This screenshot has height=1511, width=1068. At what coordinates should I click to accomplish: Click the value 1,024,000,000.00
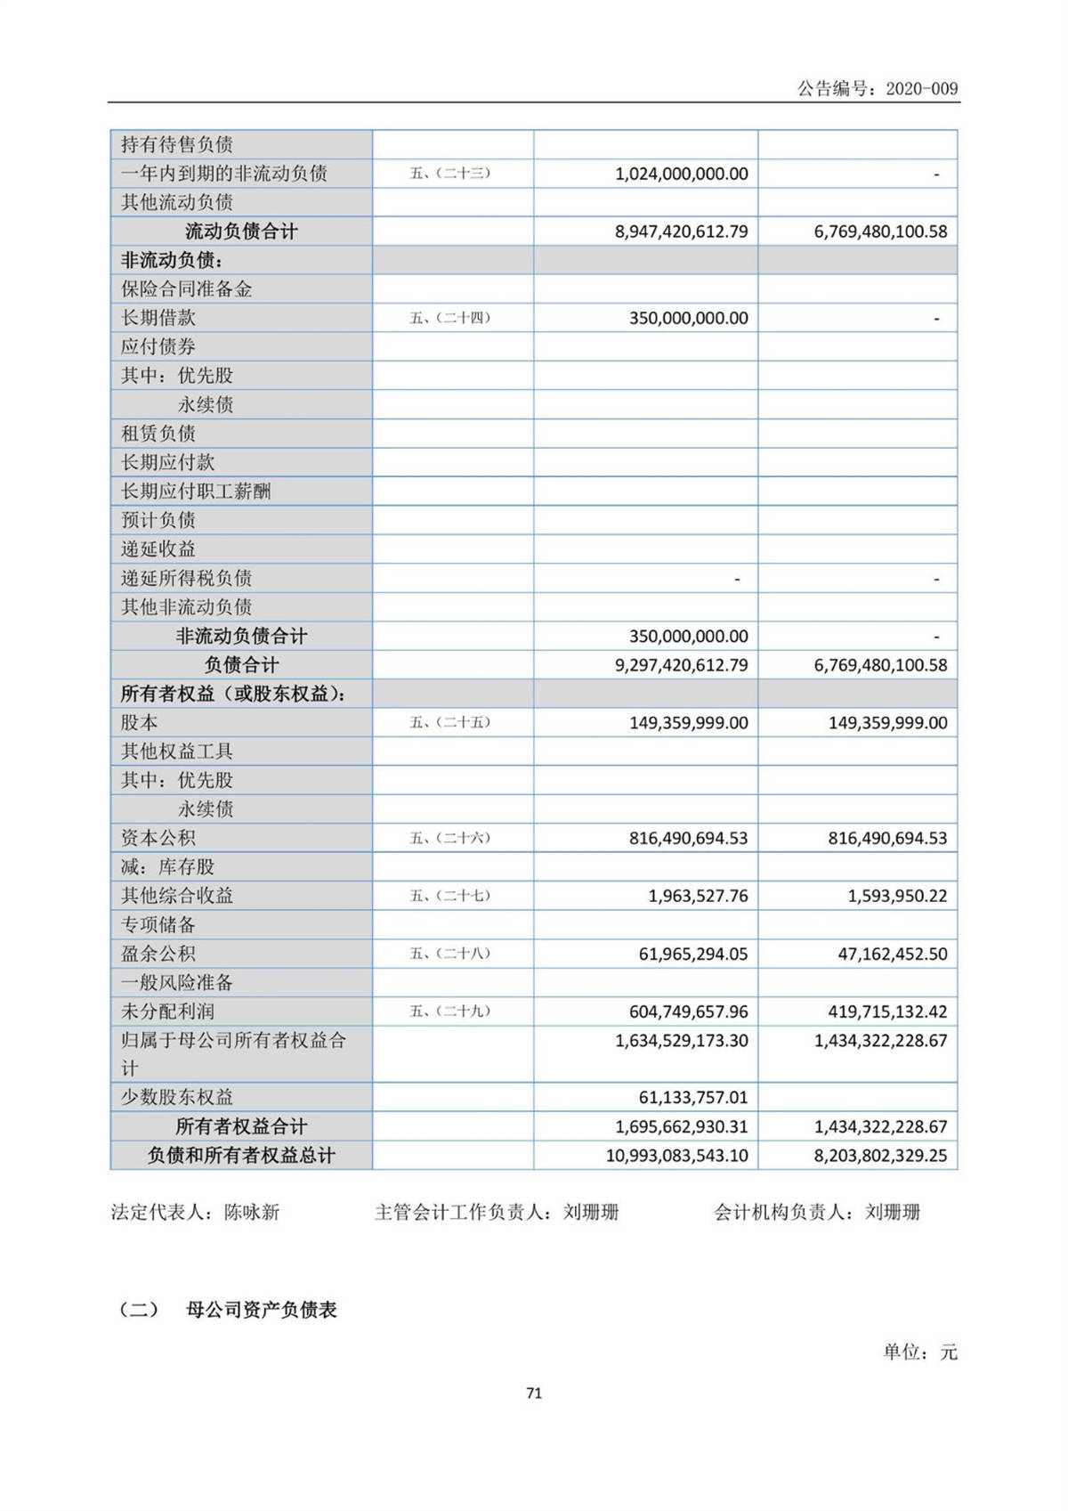pyautogui.click(x=681, y=174)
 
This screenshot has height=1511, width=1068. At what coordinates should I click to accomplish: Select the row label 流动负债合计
pyautogui.click(x=241, y=232)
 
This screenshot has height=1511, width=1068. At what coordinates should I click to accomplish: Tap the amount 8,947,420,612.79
pyautogui.click(x=681, y=232)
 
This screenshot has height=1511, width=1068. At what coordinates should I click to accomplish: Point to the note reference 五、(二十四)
pyautogui.click(x=450, y=318)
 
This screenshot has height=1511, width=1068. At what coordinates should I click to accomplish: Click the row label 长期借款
pyautogui.click(x=158, y=318)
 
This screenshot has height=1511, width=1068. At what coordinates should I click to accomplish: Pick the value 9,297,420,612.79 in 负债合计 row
pyautogui.click(x=681, y=665)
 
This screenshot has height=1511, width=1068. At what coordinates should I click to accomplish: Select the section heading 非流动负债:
pyautogui.click(x=172, y=260)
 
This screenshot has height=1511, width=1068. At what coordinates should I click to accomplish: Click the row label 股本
pyautogui.click(x=140, y=722)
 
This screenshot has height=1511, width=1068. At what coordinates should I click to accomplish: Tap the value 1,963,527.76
pyautogui.click(x=698, y=896)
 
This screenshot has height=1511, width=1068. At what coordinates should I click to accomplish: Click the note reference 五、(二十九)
pyautogui.click(x=450, y=1011)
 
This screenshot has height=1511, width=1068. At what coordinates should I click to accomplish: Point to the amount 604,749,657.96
pyautogui.click(x=688, y=1011)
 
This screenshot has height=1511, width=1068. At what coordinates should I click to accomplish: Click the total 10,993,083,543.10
pyautogui.click(x=676, y=1156)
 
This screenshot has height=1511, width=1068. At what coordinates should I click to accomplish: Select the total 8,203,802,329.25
pyautogui.click(x=880, y=1156)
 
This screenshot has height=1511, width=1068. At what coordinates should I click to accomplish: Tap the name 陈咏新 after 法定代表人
pyautogui.click(x=252, y=1212)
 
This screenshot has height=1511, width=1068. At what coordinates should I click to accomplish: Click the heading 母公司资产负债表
pyautogui.click(x=262, y=1310)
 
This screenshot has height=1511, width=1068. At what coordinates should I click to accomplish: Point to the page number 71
pyautogui.click(x=534, y=1393)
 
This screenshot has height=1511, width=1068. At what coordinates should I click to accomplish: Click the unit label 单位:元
pyautogui.click(x=920, y=1353)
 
